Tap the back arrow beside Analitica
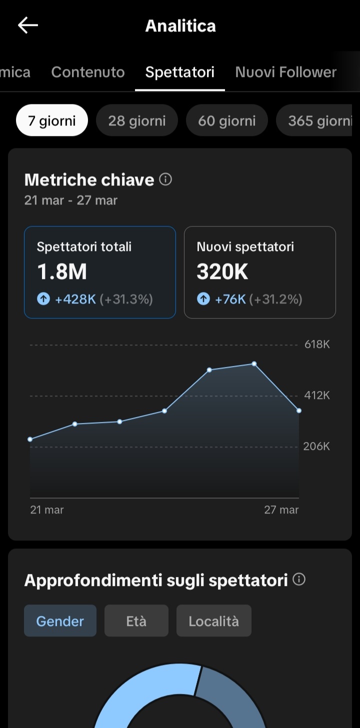click(x=28, y=25)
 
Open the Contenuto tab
click(x=88, y=72)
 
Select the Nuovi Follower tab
click(x=285, y=72)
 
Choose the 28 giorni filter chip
click(x=136, y=120)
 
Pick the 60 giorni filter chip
click(x=226, y=120)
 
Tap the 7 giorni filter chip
click(x=52, y=120)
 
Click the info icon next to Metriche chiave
click(x=165, y=179)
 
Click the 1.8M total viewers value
click(x=62, y=271)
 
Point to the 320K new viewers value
click(x=222, y=271)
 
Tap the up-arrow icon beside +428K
click(x=43, y=299)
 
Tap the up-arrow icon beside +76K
click(x=203, y=299)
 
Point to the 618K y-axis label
click(x=317, y=344)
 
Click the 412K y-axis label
click(x=317, y=395)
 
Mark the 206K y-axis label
click(x=316, y=446)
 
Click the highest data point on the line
click(x=254, y=364)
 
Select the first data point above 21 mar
click(x=30, y=439)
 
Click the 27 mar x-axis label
click(x=281, y=510)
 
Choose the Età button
click(x=136, y=621)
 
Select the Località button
click(x=213, y=621)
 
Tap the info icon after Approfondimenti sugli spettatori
click(x=299, y=579)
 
